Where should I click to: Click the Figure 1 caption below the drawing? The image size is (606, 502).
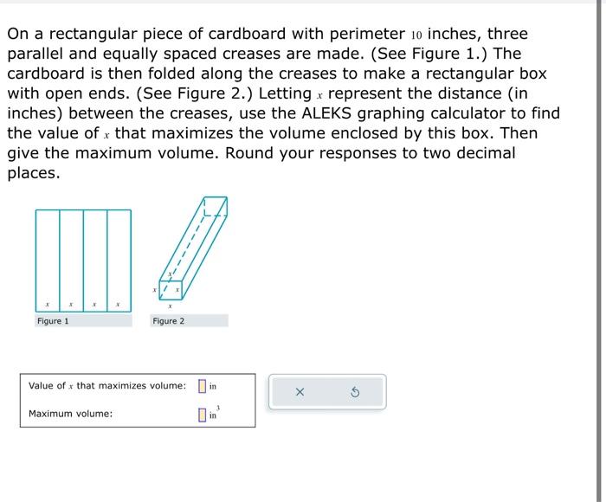[53, 321]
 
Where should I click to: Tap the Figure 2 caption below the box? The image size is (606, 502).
[168, 321]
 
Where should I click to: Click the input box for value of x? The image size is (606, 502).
[202, 386]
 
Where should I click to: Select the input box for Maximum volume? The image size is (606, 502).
[202, 415]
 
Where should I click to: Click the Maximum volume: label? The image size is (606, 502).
[70, 414]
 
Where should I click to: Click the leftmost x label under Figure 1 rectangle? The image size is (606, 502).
[48, 305]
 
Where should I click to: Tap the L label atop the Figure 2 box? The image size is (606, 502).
[206, 211]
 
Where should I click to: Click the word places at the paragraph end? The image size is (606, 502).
[33, 173]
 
